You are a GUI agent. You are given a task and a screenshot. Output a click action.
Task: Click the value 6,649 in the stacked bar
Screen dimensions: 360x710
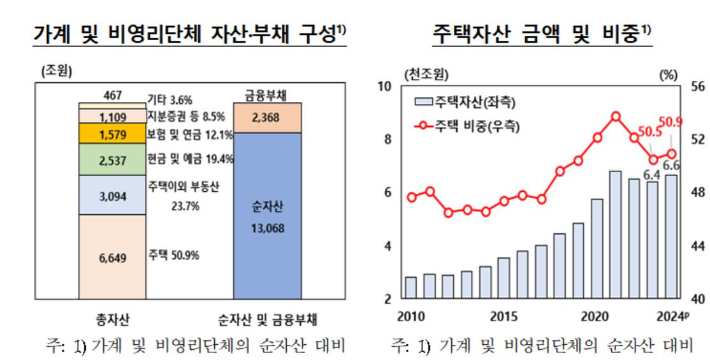coord(112,257)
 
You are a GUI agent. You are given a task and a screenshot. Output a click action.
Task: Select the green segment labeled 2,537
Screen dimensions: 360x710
coord(112,158)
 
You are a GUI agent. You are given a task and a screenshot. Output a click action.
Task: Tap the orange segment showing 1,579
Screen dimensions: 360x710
coord(112,134)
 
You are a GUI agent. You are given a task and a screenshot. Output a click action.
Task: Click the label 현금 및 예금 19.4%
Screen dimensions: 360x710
coord(190,158)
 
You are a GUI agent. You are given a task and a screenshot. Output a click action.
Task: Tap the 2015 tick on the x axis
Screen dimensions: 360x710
coord(503,316)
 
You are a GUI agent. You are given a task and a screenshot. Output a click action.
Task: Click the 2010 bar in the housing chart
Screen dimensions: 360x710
coord(410,287)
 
